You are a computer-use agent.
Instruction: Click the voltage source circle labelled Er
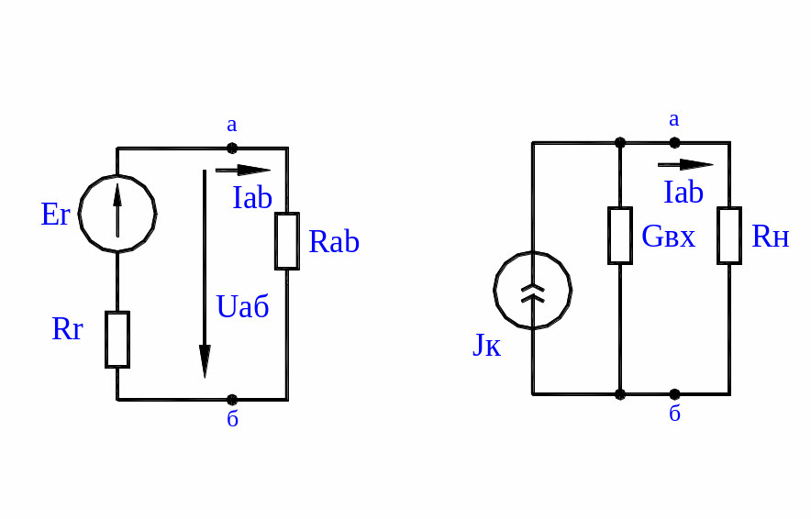coord(117,213)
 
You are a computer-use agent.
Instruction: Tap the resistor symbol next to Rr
coord(117,339)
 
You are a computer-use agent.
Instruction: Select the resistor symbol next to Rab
coord(287,241)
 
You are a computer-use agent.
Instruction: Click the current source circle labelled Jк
coord(532,291)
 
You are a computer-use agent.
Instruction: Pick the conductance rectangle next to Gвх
coord(620,236)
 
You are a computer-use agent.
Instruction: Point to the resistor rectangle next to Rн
coord(729,236)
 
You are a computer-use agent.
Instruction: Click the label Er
coord(56,215)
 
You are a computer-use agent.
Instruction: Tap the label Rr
coord(67,329)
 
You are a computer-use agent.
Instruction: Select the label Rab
coord(334,242)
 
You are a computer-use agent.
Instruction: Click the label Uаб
coord(243,306)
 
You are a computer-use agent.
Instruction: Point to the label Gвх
coord(668,237)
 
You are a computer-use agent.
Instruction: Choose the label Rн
coord(771,237)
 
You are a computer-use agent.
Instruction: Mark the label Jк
coord(486,345)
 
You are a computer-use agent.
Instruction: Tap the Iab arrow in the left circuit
coord(243,170)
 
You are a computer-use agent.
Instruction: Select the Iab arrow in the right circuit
coord(685,165)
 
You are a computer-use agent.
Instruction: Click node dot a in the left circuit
coord(232,148)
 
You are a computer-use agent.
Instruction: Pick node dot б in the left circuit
coord(232,400)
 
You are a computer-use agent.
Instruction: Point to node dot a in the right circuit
coord(674,142)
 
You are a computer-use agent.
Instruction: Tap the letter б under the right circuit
coord(674,414)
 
